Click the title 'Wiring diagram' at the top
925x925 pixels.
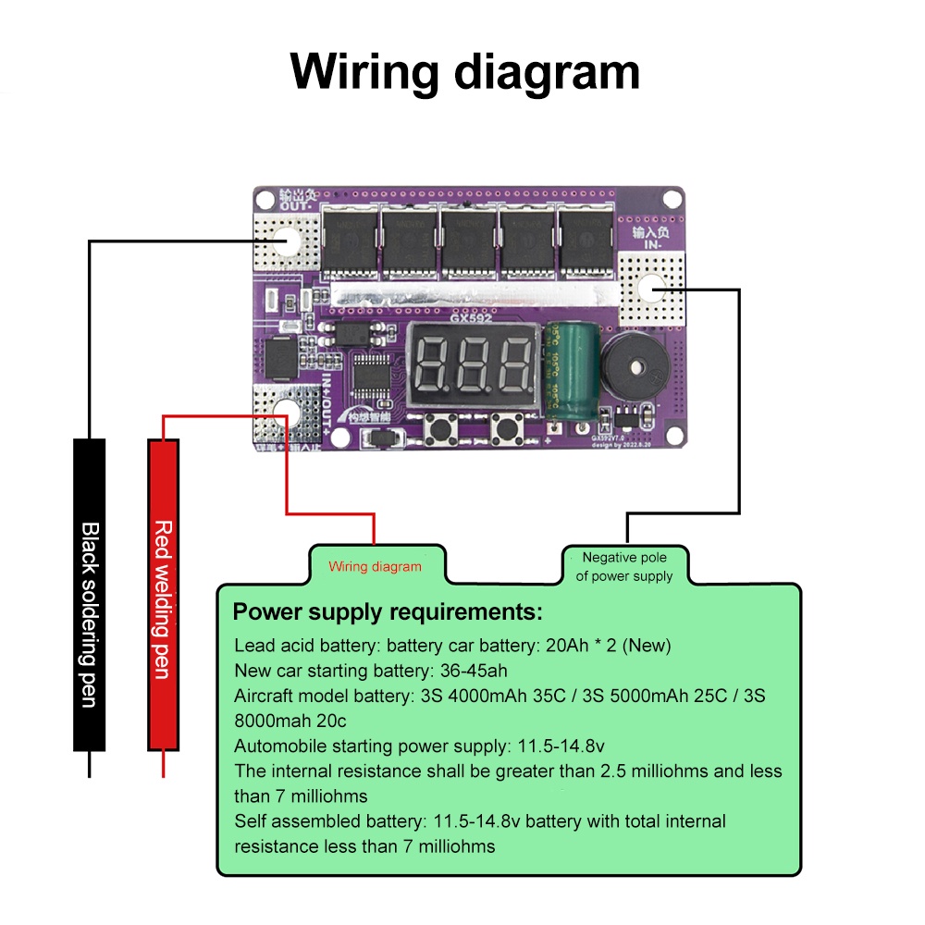point(464,72)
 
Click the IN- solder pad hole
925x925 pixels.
point(653,289)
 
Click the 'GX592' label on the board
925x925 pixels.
point(472,317)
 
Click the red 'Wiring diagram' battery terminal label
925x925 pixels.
point(375,566)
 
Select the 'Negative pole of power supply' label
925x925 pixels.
point(624,566)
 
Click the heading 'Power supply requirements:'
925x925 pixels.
point(387,612)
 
